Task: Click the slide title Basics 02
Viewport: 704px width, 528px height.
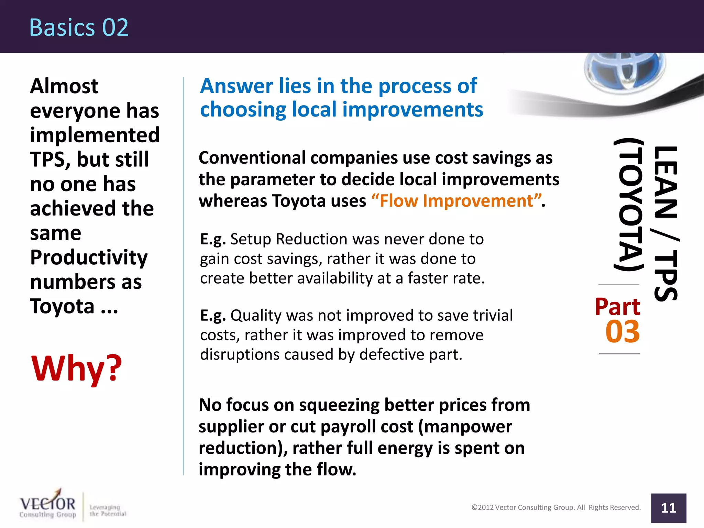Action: tap(79, 27)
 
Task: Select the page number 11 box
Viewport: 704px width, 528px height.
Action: tap(668, 508)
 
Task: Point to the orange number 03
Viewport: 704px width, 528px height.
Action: tap(623, 332)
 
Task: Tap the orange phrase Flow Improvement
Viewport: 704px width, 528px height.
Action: tap(456, 201)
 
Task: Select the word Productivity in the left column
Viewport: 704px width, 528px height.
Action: tap(89, 257)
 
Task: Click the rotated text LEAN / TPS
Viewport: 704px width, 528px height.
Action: tap(665, 223)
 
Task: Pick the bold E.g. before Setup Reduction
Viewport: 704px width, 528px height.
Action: tap(213, 239)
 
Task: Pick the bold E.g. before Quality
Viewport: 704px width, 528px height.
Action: tap(213, 316)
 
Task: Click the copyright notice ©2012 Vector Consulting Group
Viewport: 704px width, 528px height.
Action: tap(556, 507)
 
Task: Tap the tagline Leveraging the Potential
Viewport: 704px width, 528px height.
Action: tap(108, 510)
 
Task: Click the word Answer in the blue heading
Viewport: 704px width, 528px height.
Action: tap(237, 86)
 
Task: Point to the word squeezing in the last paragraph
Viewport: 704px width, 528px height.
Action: tap(339, 405)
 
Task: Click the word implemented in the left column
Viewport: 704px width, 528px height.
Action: tap(95, 135)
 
